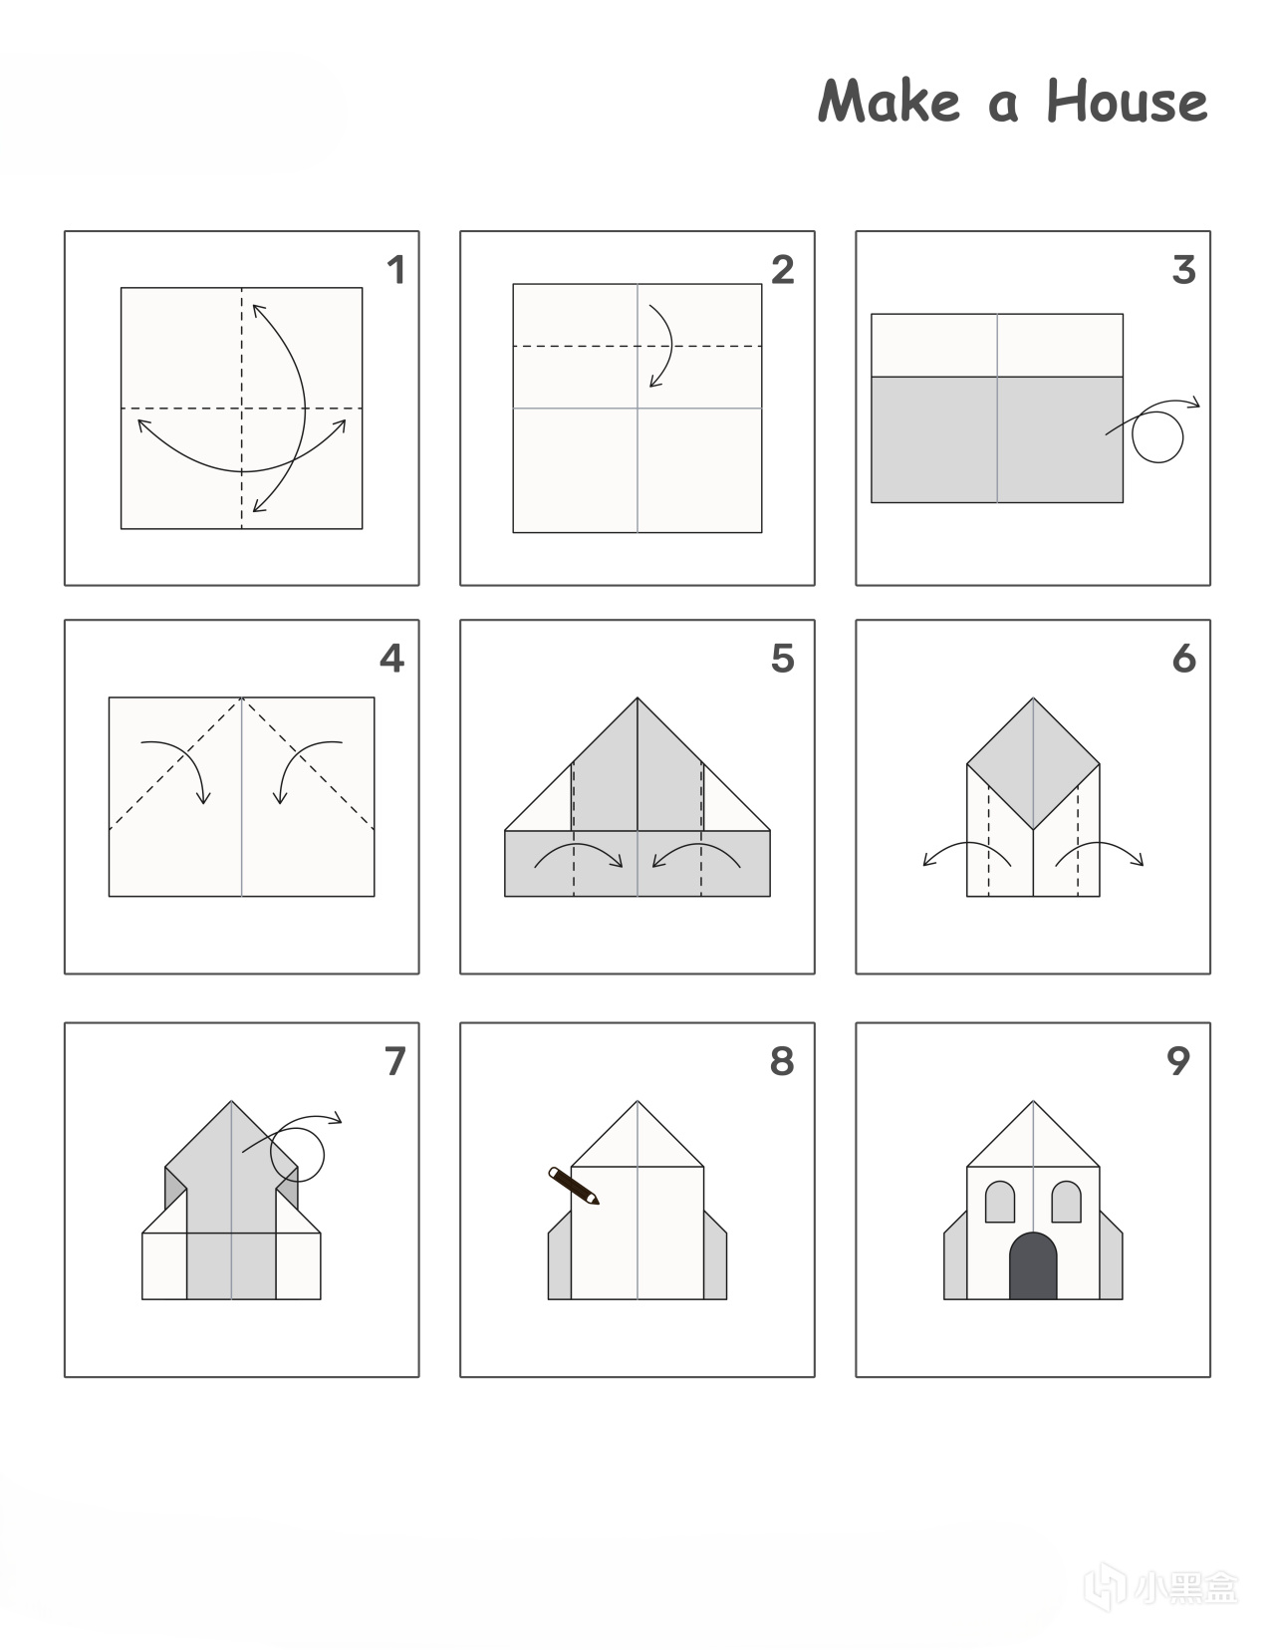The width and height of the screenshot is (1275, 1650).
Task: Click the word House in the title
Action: tap(1127, 101)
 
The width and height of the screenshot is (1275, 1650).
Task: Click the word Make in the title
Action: tap(889, 101)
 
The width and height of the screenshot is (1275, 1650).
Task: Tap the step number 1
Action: tap(395, 270)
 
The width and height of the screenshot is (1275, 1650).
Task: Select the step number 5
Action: tap(783, 659)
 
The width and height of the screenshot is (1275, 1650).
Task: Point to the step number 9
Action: tap(1177, 1061)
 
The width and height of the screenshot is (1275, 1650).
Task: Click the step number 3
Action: tap(1184, 270)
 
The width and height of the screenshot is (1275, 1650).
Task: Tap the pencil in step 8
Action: tap(574, 1186)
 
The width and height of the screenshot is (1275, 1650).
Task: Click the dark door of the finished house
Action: tap(1033, 1265)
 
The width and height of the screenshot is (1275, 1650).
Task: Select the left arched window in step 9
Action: tap(999, 1202)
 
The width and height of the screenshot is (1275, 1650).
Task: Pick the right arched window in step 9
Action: tap(1066, 1202)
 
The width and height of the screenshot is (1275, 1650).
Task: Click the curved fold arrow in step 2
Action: tap(671, 346)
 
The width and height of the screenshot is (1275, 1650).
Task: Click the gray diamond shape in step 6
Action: tap(1033, 763)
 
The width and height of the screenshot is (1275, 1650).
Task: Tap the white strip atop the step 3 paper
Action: tap(996, 346)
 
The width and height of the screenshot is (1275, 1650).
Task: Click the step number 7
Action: tap(395, 1061)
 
